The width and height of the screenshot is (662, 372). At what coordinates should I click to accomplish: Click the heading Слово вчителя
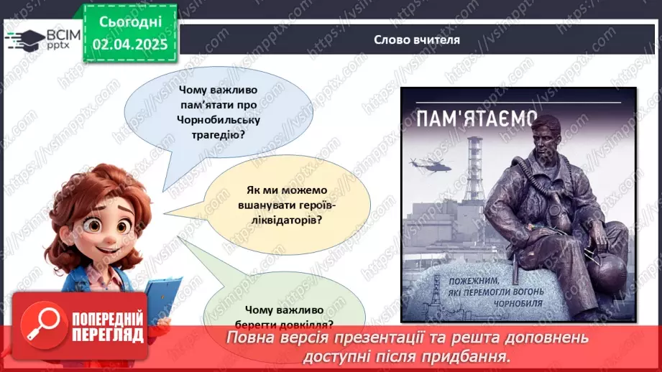tap(417, 40)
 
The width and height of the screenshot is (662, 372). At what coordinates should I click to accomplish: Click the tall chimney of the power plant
tap(474, 165)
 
